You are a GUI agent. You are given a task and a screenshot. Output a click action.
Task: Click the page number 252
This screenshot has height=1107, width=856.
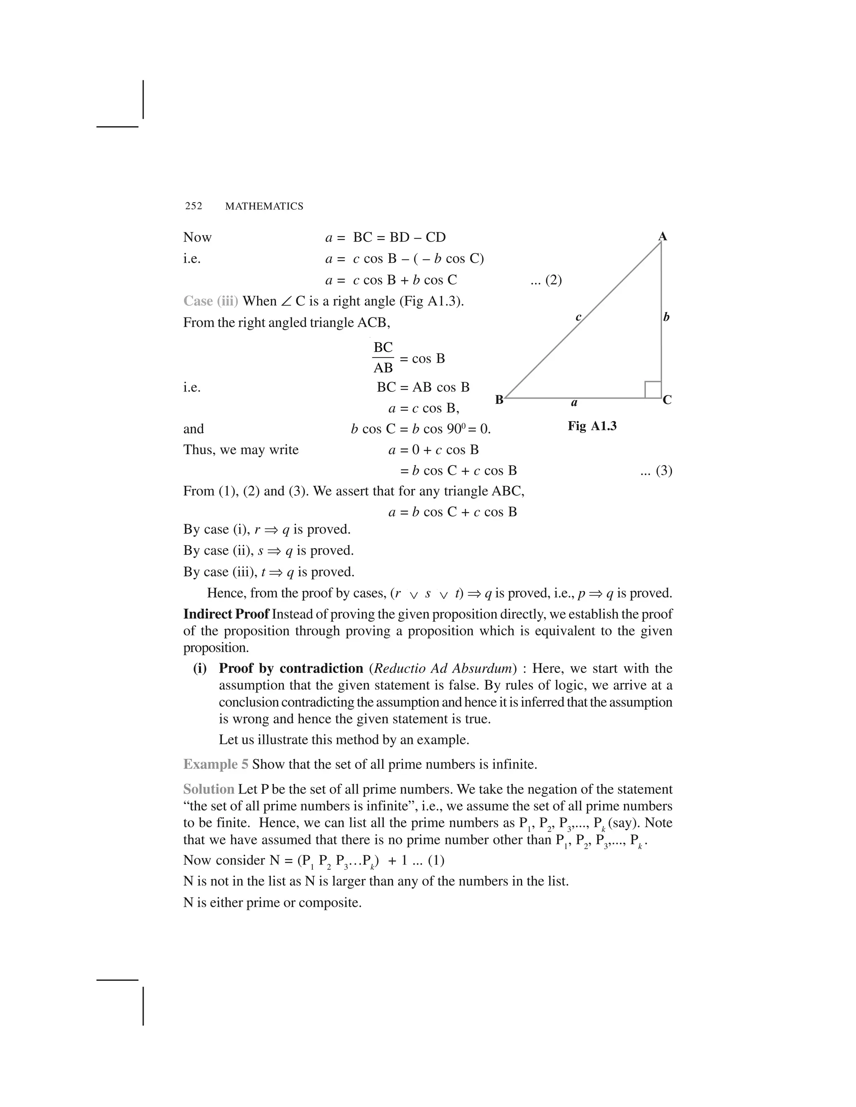click(x=193, y=206)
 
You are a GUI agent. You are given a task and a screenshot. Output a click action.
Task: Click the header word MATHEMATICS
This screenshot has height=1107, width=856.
click(x=264, y=206)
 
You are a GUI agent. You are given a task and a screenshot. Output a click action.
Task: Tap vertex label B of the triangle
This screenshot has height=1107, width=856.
click(x=499, y=400)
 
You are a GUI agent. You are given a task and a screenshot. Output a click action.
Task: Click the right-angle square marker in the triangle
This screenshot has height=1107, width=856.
click(x=652, y=390)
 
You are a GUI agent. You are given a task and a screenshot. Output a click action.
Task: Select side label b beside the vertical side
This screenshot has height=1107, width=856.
click(x=666, y=317)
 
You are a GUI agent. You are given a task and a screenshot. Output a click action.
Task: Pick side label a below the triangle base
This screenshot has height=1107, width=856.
click(x=574, y=403)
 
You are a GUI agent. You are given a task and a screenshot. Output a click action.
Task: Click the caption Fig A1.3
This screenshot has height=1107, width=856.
click(x=592, y=426)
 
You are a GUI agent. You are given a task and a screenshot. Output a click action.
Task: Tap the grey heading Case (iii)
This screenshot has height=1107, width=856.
click(x=211, y=301)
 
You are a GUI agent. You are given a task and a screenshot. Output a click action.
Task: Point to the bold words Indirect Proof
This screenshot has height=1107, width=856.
click(x=226, y=614)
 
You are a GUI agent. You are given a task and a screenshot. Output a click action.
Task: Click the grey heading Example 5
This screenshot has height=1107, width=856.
click(x=216, y=764)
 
